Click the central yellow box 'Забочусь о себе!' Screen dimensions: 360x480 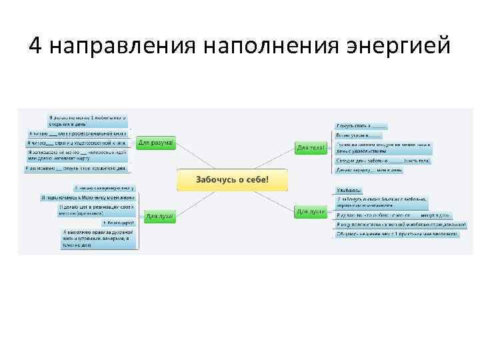pos(232,179)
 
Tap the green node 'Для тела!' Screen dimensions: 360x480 pos(311,147)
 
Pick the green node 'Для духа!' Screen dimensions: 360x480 pos(160,216)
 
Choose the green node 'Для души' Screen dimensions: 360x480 pos(311,211)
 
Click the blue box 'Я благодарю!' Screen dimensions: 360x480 pos(118,222)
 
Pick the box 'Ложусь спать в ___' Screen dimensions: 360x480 pos(361,125)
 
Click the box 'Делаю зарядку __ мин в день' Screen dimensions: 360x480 pos(369,170)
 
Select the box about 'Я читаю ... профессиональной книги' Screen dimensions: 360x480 pos(76,133)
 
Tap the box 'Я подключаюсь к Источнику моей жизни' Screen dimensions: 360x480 pos(88,197)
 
